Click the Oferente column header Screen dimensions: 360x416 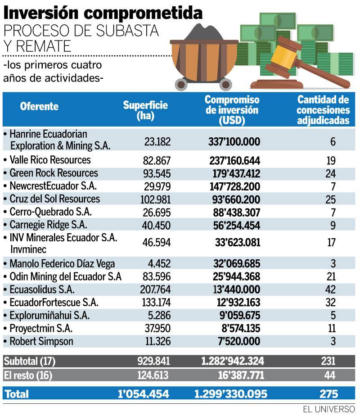[39, 106]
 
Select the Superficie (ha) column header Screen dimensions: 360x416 [145, 110]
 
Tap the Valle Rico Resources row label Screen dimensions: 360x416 [50, 160]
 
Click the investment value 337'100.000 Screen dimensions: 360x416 [234, 141]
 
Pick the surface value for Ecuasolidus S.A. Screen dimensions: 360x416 [155, 289]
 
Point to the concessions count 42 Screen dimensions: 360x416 [330, 289]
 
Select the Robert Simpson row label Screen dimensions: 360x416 [41, 341]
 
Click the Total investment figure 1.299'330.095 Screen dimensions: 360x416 [231, 393]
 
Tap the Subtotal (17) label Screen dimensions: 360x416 [29, 361]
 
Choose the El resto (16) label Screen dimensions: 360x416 [28, 375]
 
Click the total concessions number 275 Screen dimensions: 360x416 [328, 393]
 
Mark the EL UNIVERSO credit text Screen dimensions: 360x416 [328, 409]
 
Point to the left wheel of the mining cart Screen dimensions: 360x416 [181, 84]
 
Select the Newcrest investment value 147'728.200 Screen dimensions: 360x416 [235, 186]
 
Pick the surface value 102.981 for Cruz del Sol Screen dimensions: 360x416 [155, 199]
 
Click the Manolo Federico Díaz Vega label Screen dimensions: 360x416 [62, 264]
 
